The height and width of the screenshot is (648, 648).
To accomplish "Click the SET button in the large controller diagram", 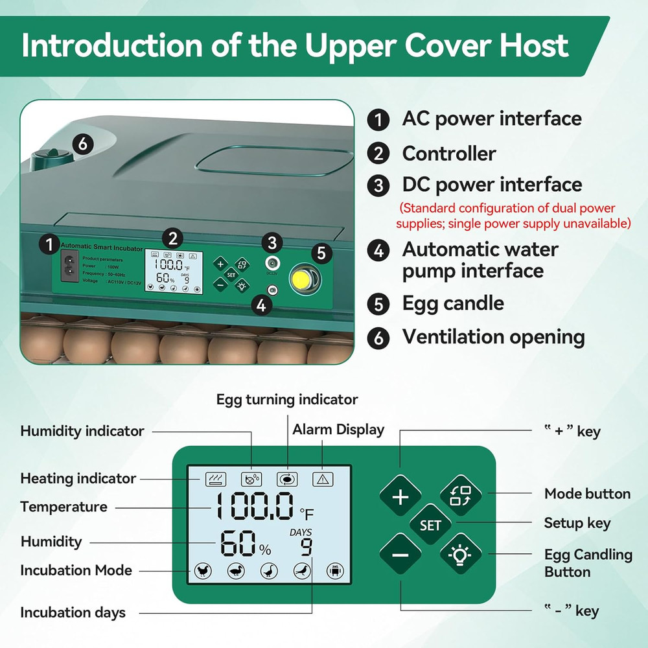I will tap(430, 525).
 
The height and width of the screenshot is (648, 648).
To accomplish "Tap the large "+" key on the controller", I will tap(400, 497).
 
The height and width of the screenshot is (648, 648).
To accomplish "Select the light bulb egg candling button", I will tap(461, 555).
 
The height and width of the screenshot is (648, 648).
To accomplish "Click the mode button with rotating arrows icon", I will tap(461, 496).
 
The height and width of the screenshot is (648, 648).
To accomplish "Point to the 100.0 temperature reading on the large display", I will tap(254, 507).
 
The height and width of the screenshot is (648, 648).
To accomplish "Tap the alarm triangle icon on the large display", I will tap(322, 479).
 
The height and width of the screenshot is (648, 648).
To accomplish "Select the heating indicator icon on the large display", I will tap(216, 479).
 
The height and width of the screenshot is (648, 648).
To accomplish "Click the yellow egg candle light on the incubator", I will tap(301, 279).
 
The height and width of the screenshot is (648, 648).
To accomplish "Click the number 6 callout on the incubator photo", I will tap(82, 144).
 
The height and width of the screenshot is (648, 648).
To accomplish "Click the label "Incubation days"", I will tap(73, 612).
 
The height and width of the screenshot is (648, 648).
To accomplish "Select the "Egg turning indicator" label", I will tap(286, 399).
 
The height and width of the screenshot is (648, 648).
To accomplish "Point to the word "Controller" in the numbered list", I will tap(448, 154).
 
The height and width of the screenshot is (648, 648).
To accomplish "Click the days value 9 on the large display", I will tap(306, 547).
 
